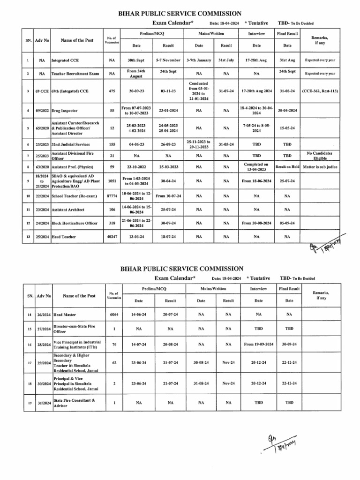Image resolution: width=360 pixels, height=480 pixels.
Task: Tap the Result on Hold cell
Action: [x=287, y=167]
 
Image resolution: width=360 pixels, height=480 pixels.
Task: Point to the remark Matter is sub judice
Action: [x=319, y=167]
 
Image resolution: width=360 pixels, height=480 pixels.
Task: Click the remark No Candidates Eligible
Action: [x=319, y=156]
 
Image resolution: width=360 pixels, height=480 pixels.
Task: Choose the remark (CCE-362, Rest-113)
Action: [x=320, y=90]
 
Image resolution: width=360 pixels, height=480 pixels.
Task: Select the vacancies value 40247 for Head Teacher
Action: [x=112, y=237]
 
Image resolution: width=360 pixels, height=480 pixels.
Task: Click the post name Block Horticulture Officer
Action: [x=74, y=223]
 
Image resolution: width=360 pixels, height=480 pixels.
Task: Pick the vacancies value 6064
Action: [x=114, y=314]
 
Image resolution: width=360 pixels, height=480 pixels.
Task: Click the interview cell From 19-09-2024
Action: [x=259, y=345]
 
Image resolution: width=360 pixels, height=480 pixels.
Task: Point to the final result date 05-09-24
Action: [x=287, y=223]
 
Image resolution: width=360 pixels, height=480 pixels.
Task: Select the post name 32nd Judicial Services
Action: [x=70, y=144]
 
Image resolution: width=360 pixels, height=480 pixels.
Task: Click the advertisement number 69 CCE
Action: [x=42, y=90]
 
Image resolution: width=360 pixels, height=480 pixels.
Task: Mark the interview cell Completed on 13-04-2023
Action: [x=256, y=167]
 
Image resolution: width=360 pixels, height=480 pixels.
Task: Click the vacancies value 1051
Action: [x=112, y=180]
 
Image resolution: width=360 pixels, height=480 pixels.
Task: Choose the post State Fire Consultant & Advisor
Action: [x=75, y=403]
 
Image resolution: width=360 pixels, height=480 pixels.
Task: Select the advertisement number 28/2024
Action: [x=44, y=345]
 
